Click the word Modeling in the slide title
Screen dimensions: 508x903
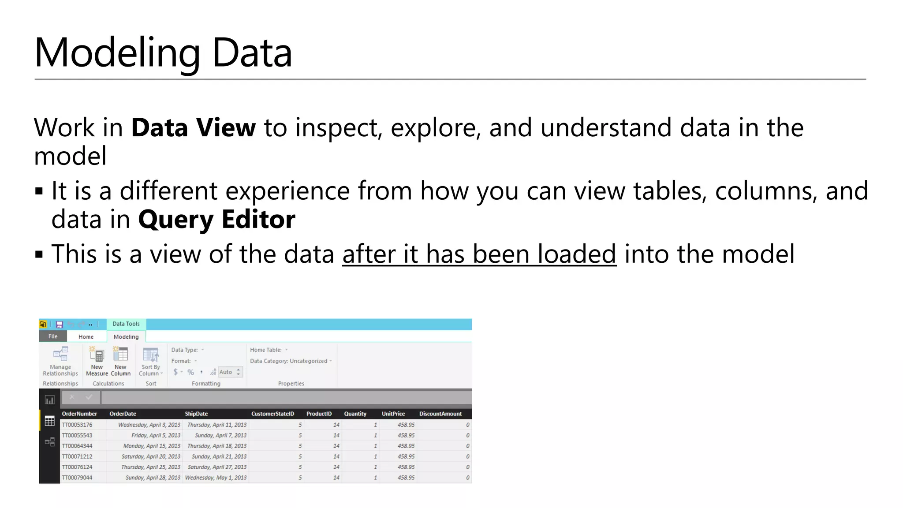(x=117, y=53)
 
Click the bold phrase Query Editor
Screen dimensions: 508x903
(x=216, y=220)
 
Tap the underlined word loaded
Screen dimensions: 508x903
(x=576, y=254)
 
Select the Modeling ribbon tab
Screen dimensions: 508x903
(x=126, y=337)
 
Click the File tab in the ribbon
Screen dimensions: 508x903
(x=53, y=336)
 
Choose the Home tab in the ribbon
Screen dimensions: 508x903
(x=86, y=337)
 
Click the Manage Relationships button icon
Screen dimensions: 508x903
(x=60, y=355)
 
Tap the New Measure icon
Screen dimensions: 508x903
(x=97, y=355)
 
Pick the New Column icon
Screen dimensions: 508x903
(x=120, y=355)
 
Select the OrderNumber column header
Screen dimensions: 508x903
(x=79, y=414)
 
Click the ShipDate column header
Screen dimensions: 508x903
(x=196, y=414)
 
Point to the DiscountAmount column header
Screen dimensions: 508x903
(x=440, y=414)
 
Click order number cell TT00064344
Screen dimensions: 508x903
(x=77, y=446)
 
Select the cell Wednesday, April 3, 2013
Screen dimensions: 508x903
(x=149, y=425)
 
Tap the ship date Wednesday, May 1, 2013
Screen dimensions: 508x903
(x=216, y=478)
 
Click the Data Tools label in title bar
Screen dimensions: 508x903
(x=126, y=324)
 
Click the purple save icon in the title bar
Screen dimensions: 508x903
(x=60, y=325)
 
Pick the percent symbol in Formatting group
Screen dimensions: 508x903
(x=190, y=372)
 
